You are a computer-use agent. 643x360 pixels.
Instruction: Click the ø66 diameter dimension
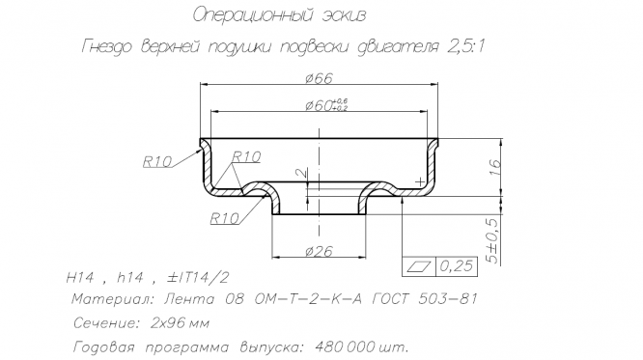click(x=319, y=78)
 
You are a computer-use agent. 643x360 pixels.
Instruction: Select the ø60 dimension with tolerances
click(x=326, y=105)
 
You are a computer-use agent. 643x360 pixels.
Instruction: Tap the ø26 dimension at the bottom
click(x=319, y=251)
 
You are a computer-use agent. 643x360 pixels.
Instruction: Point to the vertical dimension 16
click(x=495, y=167)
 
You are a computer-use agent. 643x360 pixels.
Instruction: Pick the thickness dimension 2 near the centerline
click(x=302, y=173)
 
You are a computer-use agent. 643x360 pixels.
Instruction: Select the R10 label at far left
click(x=157, y=161)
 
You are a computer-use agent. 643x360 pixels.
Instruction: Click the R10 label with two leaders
click(x=246, y=156)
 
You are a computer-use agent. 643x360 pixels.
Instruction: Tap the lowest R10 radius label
click(x=224, y=218)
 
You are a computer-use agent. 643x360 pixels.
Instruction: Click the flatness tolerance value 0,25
click(x=456, y=266)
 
